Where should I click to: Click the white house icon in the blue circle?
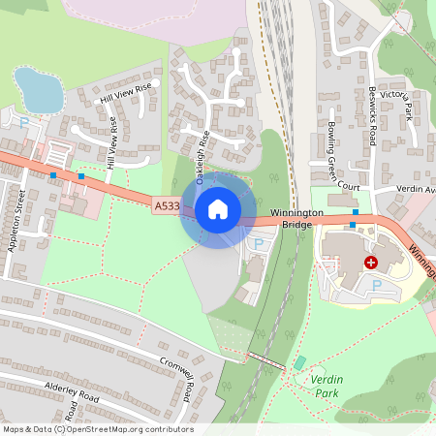[218, 208]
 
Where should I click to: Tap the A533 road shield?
[166, 205]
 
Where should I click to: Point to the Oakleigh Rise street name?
[202, 158]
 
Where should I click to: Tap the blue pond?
[37, 90]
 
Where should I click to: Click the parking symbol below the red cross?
[377, 285]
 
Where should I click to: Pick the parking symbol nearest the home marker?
[258, 243]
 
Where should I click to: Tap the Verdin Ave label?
[417, 190]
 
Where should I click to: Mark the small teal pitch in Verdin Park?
[299, 362]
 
